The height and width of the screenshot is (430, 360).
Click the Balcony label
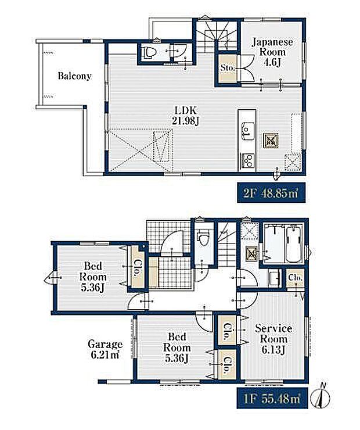point(74,76)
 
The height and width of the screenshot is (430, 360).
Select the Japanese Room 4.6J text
point(272,52)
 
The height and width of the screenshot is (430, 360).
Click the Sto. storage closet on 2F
point(228,69)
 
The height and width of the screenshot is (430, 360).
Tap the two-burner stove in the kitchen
point(248,160)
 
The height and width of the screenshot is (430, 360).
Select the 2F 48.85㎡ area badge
point(271,193)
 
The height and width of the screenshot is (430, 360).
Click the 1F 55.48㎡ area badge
point(272,398)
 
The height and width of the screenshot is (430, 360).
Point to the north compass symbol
point(323,396)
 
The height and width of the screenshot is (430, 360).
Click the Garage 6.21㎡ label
point(105,349)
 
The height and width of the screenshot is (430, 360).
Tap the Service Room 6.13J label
point(273,339)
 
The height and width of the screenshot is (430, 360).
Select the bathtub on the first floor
point(294,243)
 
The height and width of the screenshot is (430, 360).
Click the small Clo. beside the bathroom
point(296,278)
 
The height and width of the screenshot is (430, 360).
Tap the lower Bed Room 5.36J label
point(177,347)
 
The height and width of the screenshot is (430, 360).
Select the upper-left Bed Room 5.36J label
point(93,277)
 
